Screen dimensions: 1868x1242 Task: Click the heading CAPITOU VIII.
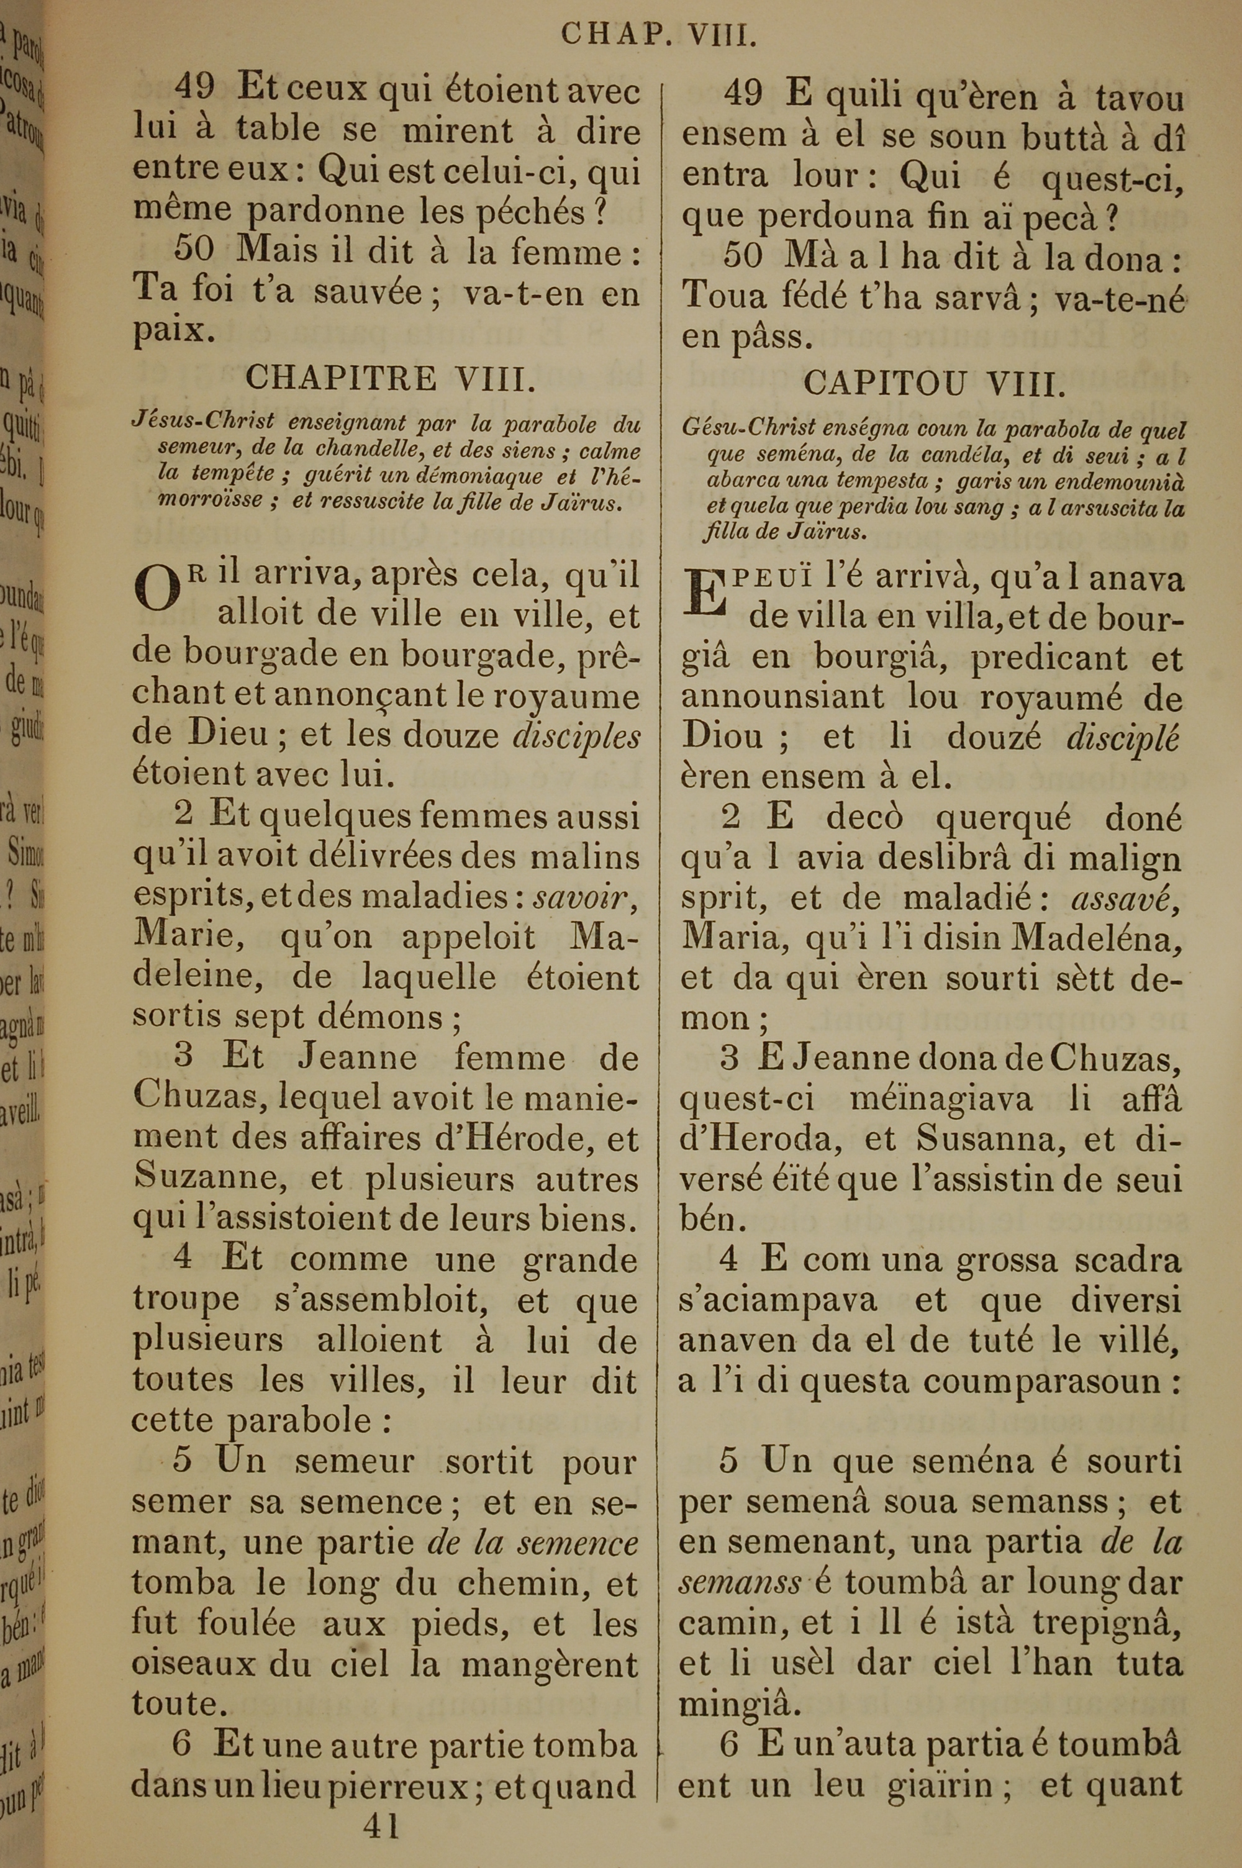[x=935, y=385]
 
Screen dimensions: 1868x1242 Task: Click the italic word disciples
[x=578, y=737]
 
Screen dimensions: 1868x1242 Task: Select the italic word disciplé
[x=1123, y=738]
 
